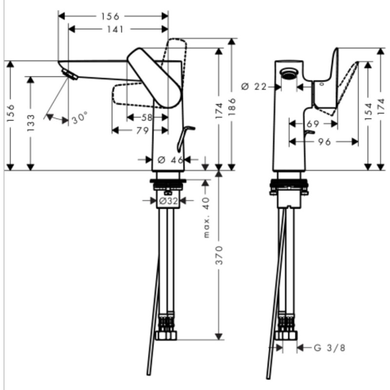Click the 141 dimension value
tap(115, 29)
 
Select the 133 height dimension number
tap(30, 123)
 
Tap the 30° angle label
tap(79, 118)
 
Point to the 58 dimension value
tap(147, 117)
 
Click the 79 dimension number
tap(143, 130)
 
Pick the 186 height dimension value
tap(232, 107)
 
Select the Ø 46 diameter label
tap(171, 160)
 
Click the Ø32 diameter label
tap(169, 201)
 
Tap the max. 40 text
tap(206, 217)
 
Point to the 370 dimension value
tap(219, 255)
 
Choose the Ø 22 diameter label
tap(254, 87)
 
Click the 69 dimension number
tap(313, 124)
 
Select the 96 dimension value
tap(324, 142)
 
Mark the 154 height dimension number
tap(368, 112)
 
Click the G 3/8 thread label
tap(330, 348)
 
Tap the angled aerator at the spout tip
tap(70, 75)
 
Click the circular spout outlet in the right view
tap(289, 73)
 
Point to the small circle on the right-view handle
tap(322, 84)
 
